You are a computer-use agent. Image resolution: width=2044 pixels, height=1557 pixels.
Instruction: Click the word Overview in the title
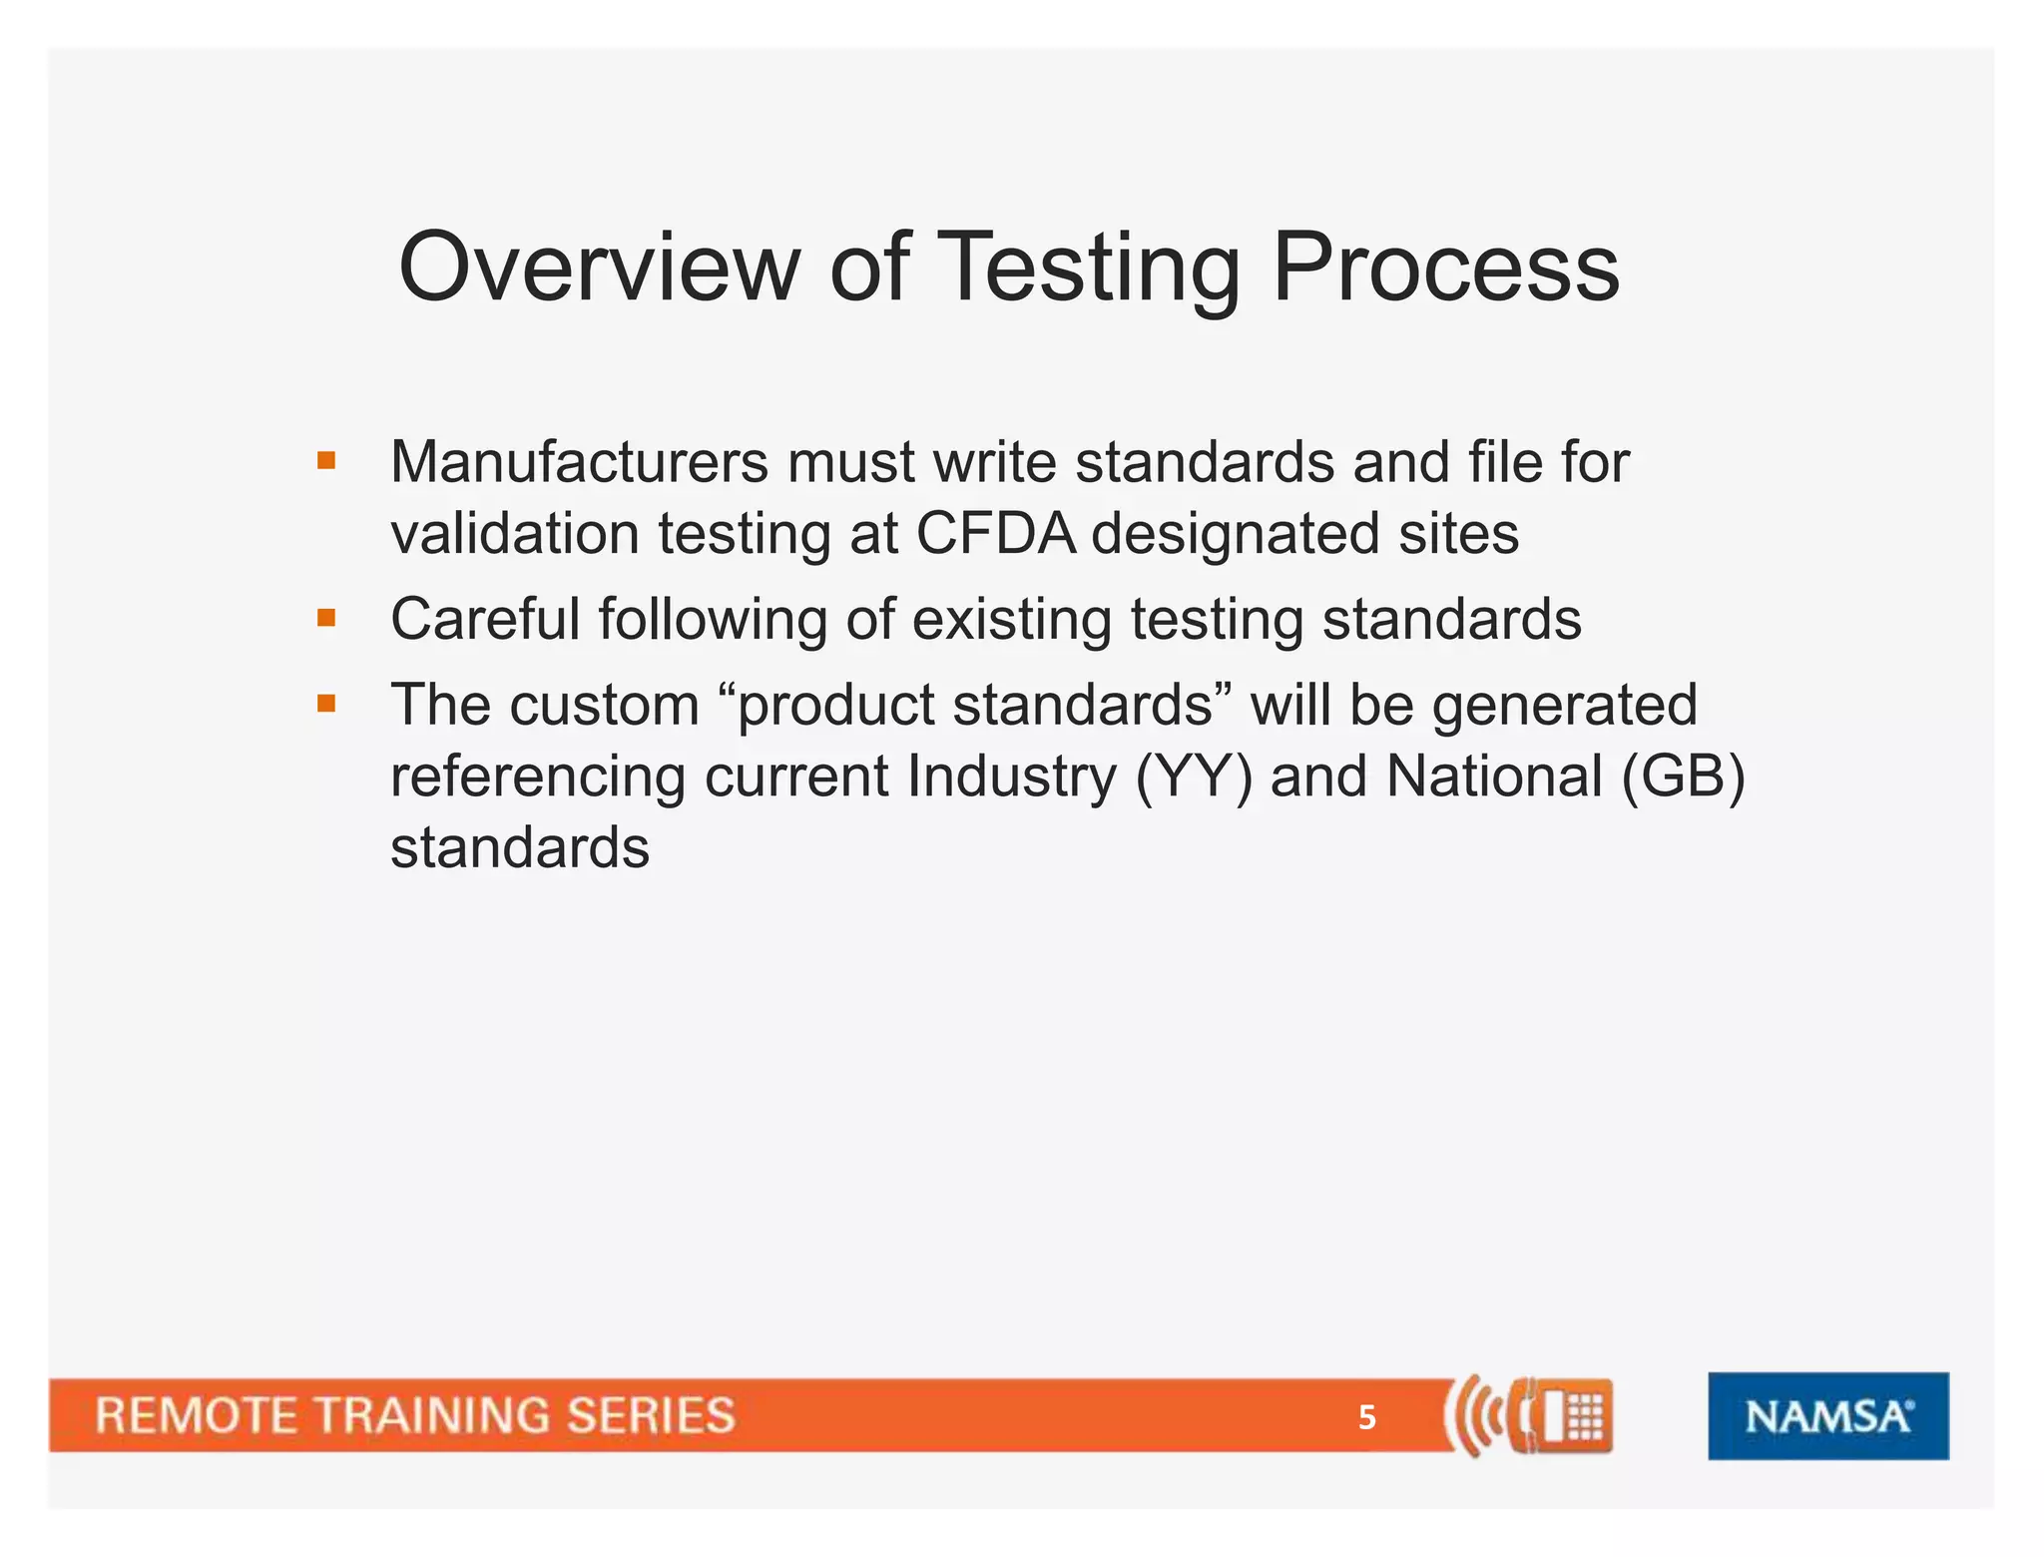(598, 267)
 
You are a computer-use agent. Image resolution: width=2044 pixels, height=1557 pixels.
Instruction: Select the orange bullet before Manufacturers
(326, 461)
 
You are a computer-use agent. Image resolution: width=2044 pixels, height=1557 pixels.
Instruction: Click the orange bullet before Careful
(326, 618)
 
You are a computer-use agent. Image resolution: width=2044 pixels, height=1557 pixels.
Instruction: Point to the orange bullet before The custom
(326, 704)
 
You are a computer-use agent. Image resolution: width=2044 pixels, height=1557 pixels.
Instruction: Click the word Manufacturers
(579, 462)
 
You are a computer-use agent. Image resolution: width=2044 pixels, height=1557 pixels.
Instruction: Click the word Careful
(485, 619)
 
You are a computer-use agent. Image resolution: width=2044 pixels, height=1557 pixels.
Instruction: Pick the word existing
(1011, 619)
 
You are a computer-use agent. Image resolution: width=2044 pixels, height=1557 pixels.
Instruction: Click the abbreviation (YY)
(1194, 777)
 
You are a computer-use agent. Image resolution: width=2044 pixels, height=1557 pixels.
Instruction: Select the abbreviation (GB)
(1683, 777)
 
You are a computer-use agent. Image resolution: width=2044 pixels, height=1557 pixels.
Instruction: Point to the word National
(1494, 777)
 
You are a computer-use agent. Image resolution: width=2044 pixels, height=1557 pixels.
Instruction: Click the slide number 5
(1366, 1417)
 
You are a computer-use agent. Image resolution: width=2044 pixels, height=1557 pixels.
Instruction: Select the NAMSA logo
(1827, 1415)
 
